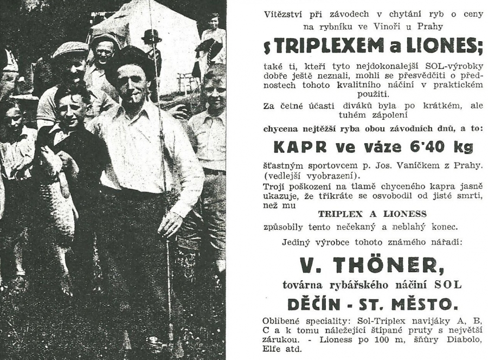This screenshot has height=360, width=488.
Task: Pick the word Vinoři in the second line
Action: pyautogui.click(x=374, y=25)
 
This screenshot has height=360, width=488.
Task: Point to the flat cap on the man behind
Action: pyautogui.click(x=69, y=50)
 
